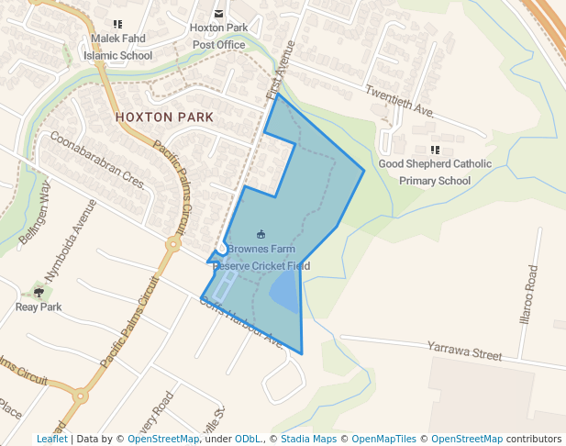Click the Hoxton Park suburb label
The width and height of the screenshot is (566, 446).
pyautogui.click(x=164, y=117)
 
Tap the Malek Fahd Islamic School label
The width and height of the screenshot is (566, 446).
pyautogui.click(x=117, y=48)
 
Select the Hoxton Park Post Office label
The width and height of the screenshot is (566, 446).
pyautogui.click(x=219, y=37)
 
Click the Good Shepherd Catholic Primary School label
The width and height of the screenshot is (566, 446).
pyautogui.click(x=435, y=173)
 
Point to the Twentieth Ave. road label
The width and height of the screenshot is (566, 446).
pyautogui.click(x=399, y=101)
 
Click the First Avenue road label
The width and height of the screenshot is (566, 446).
pyautogui.click(x=282, y=70)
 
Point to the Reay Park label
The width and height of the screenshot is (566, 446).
pyautogui.click(x=39, y=307)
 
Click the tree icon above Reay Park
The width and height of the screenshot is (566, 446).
pyautogui.click(x=39, y=293)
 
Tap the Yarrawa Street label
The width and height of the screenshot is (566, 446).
pyautogui.click(x=465, y=350)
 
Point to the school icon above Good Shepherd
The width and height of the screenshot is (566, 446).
pyautogui.click(x=435, y=150)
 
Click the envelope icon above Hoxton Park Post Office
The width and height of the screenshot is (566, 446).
pyautogui.click(x=218, y=13)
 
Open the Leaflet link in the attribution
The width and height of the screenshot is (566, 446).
pyautogui.click(x=51, y=439)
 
